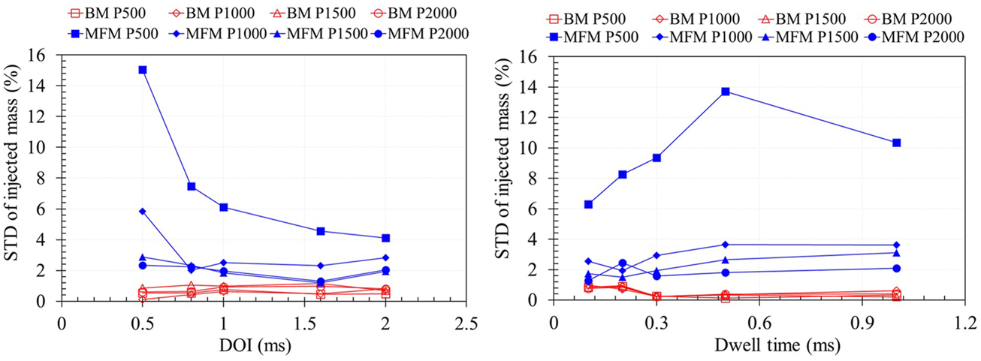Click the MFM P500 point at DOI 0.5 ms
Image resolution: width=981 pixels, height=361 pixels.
coord(142,70)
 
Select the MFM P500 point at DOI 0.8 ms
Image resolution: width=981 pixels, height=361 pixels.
coord(191,186)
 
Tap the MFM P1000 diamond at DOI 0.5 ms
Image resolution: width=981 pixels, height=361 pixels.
coord(142,212)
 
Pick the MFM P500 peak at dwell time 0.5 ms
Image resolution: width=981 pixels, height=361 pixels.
coord(725,91)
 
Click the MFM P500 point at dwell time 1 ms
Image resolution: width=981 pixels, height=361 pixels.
coord(896,143)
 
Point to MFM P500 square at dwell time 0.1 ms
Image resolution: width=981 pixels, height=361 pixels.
coord(588,204)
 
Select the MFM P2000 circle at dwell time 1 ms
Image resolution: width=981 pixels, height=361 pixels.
coord(896,268)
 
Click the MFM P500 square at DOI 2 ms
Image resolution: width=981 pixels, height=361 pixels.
coord(385,238)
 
